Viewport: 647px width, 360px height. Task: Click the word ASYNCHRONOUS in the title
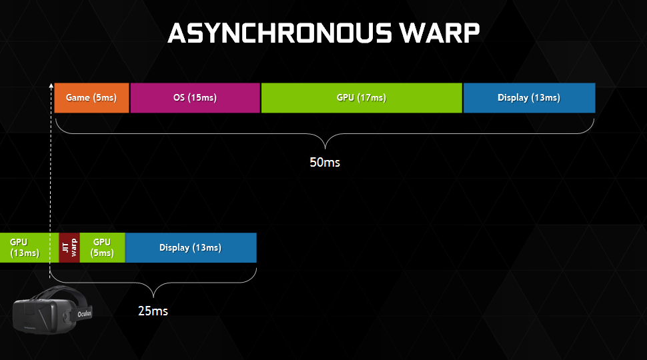[x=279, y=33]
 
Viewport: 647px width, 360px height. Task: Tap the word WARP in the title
[x=439, y=33]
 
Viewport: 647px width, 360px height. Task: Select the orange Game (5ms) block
[x=91, y=98]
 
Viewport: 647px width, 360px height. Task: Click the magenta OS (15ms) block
[x=195, y=98]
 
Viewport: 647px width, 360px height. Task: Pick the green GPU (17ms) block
[x=362, y=98]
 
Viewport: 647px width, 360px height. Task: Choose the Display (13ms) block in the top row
[x=529, y=98]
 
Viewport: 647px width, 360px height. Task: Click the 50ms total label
[x=325, y=162]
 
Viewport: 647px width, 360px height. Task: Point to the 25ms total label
[x=153, y=311]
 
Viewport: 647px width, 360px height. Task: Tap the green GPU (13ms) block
[x=29, y=247]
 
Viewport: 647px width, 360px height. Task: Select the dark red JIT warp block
[x=69, y=247]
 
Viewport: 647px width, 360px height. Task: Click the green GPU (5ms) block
[x=102, y=247]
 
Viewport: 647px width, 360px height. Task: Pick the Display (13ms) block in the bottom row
[x=191, y=247]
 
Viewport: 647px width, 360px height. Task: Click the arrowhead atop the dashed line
[x=51, y=86]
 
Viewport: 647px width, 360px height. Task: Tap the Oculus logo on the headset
[x=85, y=314]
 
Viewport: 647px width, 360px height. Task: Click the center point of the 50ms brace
[x=325, y=147]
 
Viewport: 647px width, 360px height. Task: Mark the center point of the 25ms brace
[x=153, y=297]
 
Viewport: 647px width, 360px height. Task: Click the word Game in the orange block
[x=77, y=98]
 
